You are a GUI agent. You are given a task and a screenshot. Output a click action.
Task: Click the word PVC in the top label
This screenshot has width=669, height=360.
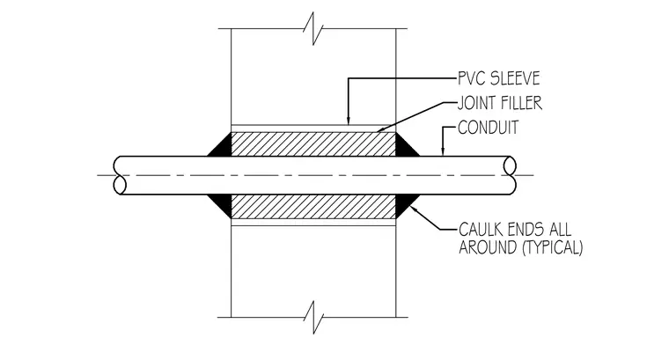pyautogui.click(x=471, y=78)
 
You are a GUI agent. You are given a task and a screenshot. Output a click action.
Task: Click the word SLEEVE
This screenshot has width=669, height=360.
pyautogui.click(x=516, y=78)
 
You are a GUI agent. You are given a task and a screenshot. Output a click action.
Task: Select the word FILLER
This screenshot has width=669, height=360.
pyautogui.click(x=522, y=103)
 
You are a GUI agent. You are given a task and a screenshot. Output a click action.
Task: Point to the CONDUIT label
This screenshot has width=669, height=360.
pyautogui.click(x=488, y=128)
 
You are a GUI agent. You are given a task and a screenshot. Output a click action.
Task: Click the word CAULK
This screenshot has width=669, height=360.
pyautogui.click(x=482, y=230)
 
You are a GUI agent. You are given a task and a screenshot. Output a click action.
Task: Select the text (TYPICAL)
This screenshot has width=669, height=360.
pyautogui.click(x=553, y=247)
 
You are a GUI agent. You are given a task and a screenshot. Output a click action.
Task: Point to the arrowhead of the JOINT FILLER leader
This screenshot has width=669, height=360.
pyautogui.click(x=380, y=129)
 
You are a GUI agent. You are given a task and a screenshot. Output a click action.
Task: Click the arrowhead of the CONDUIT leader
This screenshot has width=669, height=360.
pyautogui.click(x=443, y=152)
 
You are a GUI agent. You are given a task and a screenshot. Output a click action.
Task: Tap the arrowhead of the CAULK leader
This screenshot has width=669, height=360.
pyautogui.click(x=413, y=209)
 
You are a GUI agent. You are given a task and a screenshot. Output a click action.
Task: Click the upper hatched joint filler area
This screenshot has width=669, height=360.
pyautogui.click(x=313, y=144)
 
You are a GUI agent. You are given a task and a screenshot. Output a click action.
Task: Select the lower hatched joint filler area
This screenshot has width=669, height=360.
pyautogui.click(x=313, y=207)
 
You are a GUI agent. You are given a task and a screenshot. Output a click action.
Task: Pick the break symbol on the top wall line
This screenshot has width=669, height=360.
pyautogui.click(x=313, y=28)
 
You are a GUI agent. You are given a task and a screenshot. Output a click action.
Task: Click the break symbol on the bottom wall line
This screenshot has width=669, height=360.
pyautogui.click(x=313, y=318)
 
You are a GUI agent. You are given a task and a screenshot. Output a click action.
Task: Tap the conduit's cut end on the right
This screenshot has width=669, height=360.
pyautogui.click(x=510, y=175)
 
